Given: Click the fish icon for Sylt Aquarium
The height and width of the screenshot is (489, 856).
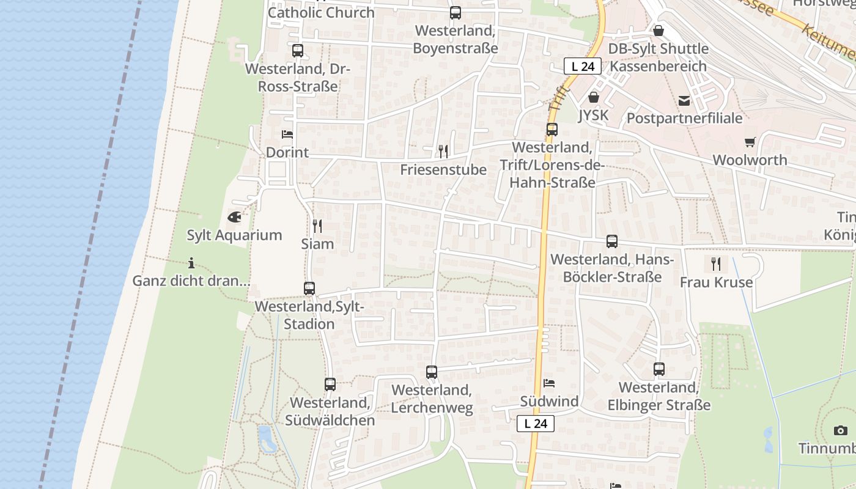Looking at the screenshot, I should click(x=234, y=216).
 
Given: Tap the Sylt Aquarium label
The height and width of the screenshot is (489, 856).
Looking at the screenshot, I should click(x=234, y=235).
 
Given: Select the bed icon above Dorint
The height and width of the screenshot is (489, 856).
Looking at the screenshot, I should click(x=287, y=134).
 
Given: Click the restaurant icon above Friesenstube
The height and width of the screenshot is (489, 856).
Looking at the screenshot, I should click(x=443, y=150).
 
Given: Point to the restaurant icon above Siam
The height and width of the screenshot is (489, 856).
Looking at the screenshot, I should click(x=317, y=226).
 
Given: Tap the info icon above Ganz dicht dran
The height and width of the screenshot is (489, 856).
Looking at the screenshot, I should click(x=191, y=263).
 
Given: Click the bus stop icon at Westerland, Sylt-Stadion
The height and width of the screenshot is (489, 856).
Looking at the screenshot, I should click(x=309, y=288).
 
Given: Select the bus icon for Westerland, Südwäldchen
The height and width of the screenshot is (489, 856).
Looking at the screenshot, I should click(x=330, y=384).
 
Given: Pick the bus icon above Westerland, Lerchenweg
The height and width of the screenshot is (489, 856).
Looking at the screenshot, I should click(x=432, y=371).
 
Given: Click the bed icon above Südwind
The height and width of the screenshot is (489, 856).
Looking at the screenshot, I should click(x=549, y=383).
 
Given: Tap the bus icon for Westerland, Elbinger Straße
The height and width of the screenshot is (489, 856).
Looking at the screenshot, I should click(x=659, y=369).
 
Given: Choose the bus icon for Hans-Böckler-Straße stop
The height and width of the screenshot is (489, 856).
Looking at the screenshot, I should click(x=612, y=241).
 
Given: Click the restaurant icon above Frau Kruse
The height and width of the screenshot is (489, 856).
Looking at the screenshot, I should click(x=716, y=263).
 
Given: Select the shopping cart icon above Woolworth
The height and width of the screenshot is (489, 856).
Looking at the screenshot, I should click(x=750, y=142).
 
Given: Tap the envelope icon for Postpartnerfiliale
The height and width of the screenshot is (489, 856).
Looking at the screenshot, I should click(x=684, y=100).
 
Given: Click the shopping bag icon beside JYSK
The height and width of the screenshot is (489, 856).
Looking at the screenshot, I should click(x=593, y=97).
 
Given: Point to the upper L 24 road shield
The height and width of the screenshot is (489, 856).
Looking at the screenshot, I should click(x=582, y=66).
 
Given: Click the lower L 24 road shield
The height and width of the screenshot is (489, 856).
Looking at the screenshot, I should click(x=536, y=423).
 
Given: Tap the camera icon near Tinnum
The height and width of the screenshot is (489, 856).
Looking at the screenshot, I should click(x=841, y=430).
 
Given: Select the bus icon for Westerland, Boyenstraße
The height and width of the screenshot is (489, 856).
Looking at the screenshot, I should click(x=456, y=12).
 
